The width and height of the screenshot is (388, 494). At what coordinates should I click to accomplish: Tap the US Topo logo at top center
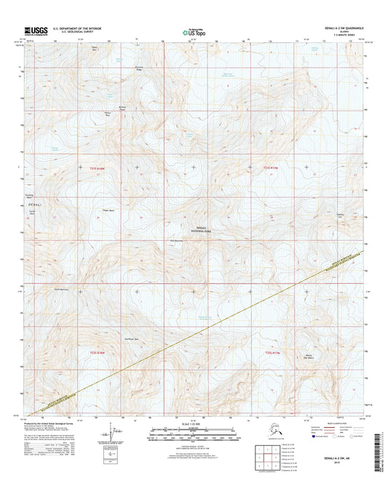pos(192,32)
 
